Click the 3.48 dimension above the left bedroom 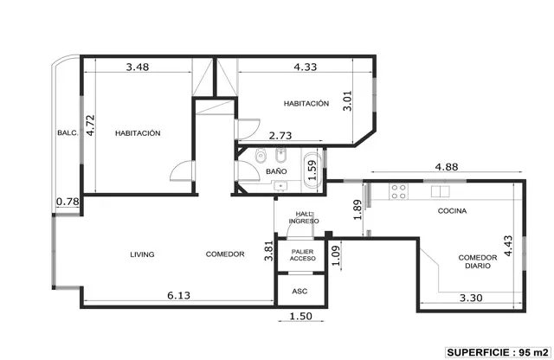point(138,67)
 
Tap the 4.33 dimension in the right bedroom point(306,67)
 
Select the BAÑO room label point(276,171)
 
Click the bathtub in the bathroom point(312,170)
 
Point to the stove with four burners point(398,191)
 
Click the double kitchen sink point(441,191)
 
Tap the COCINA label point(452,211)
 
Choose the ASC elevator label point(300,292)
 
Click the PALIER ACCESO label point(302,255)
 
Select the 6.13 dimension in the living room point(179,295)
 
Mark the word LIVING point(142,254)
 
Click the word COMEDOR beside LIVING point(225,254)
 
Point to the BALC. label point(68,132)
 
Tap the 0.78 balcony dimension point(68,202)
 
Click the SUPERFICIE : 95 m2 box point(499,352)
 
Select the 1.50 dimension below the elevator point(300,316)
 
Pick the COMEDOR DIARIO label point(478,262)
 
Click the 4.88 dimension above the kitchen point(447,167)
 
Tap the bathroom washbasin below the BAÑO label point(280,186)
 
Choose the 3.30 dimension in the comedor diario point(471,299)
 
